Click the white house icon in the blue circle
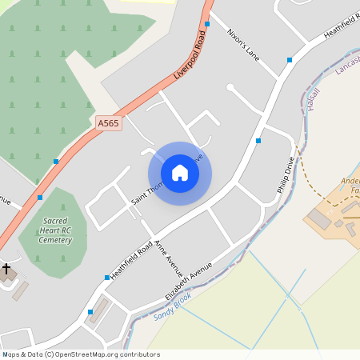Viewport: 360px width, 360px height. (x=180, y=173)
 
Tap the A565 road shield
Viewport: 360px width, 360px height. (x=108, y=122)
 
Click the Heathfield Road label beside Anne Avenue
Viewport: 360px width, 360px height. (x=130, y=259)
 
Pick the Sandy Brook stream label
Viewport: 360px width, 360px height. (x=172, y=306)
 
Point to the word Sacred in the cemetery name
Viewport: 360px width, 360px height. (x=55, y=220)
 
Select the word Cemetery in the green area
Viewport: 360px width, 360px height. (x=54, y=240)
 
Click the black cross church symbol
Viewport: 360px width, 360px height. (x=7, y=270)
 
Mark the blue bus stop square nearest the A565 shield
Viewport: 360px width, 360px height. (x=56, y=162)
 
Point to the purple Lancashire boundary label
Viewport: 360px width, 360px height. (x=347, y=68)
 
